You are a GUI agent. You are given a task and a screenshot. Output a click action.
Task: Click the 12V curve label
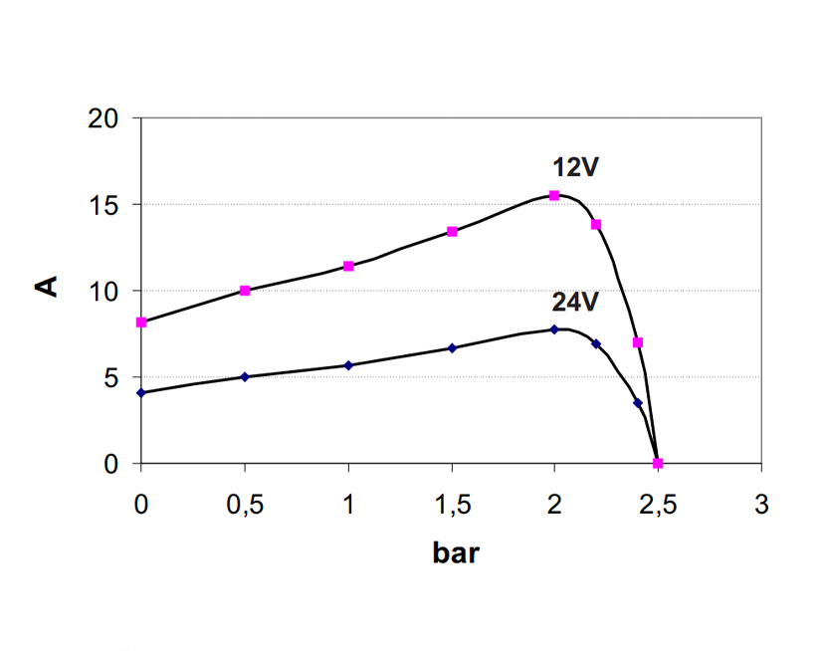point(575,167)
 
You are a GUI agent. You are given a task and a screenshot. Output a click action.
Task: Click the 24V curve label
point(575,303)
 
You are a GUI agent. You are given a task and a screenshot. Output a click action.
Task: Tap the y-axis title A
point(46,288)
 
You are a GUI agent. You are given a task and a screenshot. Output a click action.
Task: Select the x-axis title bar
point(456,553)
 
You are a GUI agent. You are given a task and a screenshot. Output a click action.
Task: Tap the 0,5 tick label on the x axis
point(245,504)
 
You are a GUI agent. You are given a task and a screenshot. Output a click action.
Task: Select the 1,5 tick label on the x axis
point(452,504)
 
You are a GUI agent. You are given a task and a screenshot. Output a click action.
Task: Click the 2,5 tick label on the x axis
point(658,504)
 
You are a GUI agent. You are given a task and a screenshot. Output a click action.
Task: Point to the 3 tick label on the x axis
point(761,504)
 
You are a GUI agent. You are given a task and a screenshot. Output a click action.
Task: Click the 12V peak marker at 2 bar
point(554,195)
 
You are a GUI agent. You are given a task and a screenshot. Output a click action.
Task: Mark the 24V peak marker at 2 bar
point(554,329)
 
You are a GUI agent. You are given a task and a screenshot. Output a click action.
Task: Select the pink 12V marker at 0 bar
point(141,323)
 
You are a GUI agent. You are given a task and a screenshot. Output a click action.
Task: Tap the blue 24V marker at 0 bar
point(141,392)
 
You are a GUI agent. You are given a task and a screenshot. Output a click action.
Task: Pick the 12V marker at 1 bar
point(348,266)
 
